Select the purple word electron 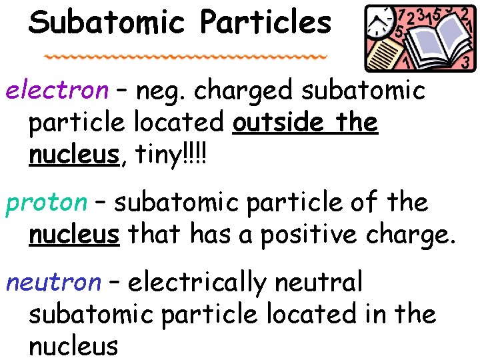(x=57, y=90)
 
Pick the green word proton (x=47, y=203)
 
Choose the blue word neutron (x=53, y=282)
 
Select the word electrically (x=197, y=283)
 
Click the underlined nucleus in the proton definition (x=74, y=235)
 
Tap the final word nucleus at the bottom (x=74, y=346)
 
